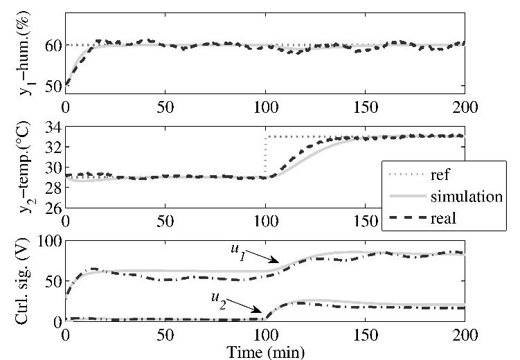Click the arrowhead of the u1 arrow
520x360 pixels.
(x=278, y=262)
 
